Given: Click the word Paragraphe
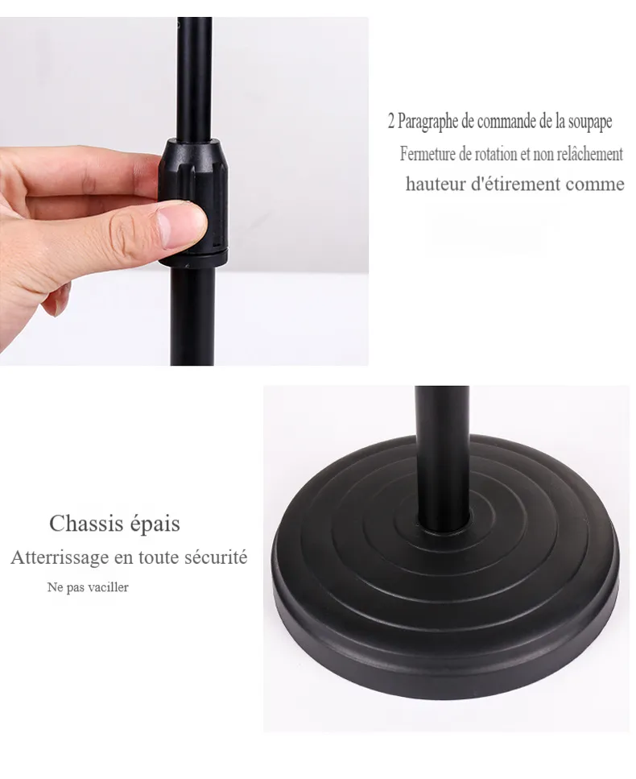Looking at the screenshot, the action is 428,122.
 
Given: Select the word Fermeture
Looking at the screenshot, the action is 428,154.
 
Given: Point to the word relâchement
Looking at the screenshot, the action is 589,154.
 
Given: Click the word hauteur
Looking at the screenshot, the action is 436,184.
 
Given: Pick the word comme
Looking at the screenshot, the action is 595,184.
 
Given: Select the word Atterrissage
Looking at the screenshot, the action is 59,557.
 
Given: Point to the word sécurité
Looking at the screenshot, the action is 216,557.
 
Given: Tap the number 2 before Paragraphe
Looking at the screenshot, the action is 391,122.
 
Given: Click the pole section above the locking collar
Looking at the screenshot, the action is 195,78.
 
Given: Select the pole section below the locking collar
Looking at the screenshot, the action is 192,316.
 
